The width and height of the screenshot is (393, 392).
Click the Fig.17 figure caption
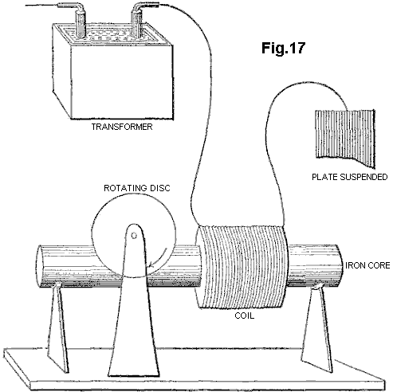(x=283, y=48)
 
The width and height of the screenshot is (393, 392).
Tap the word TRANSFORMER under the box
(x=122, y=127)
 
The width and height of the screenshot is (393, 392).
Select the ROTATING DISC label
(x=136, y=188)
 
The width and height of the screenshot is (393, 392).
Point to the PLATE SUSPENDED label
(x=349, y=177)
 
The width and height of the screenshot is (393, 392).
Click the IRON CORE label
(x=367, y=265)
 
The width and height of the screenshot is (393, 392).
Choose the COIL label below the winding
(x=244, y=316)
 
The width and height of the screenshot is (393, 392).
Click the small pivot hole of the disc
(x=134, y=236)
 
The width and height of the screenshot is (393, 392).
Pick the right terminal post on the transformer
(x=136, y=22)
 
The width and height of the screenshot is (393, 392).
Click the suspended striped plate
(x=345, y=137)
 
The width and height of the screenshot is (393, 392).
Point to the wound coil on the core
(x=242, y=267)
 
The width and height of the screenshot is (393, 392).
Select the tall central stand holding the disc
(x=133, y=303)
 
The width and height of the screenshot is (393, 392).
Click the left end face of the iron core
(x=39, y=265)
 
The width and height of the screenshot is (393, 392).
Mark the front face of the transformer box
(x=122, y=82)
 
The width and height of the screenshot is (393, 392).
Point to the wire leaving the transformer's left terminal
(x=42, y=6)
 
